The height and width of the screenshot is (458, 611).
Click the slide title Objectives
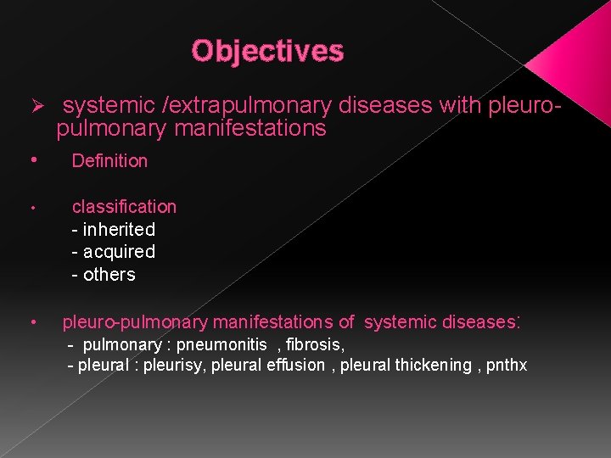(x=267, y=51)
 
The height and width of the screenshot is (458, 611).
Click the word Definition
(x=109, y=161)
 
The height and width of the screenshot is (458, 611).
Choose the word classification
(x=124, y=207)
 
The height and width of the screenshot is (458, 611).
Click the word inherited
(x=119, y=230)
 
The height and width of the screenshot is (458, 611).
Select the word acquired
(x=119, y=252)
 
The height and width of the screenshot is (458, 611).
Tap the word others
(x=109, y=275)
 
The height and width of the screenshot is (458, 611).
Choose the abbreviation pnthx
(x=507, y=366)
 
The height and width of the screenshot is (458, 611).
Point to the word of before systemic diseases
(x=346, y=322)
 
